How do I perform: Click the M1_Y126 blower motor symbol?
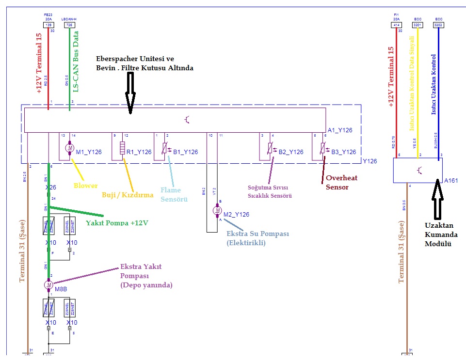(x=69, y=147)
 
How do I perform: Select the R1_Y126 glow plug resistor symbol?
(x=122, y=147)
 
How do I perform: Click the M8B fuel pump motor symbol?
(x=49, y=285)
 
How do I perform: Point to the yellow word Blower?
(x=86, y=186)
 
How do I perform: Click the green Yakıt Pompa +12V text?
(x=117, y=223)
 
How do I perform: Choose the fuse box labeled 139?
(x=48, y=24)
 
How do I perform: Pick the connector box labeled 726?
(x=69, y=24)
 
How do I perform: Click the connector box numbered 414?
(x=396, y=24)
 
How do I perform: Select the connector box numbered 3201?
(x=417, y=24)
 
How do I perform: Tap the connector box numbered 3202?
(x=438, y=24)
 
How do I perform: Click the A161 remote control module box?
(x=418, y=171)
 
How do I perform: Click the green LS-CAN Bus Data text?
(x=76, y=61)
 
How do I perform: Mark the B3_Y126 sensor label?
(x=344, y=152)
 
